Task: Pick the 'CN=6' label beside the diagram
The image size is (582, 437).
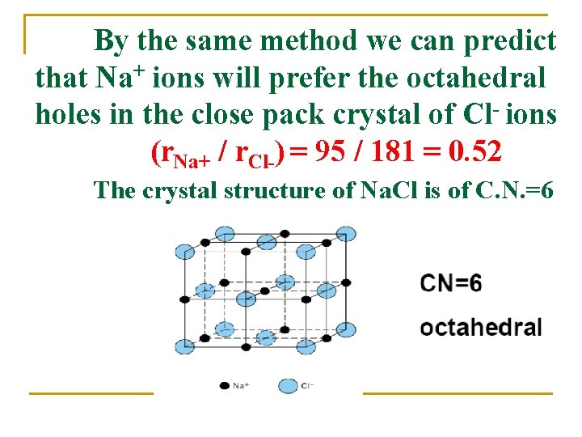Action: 450,284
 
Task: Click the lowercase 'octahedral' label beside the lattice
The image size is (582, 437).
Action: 480,328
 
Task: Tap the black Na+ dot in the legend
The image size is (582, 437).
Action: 224,386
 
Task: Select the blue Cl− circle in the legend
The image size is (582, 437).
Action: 289,386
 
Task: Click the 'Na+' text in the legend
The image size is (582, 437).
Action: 241,386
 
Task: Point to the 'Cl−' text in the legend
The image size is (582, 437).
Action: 307,386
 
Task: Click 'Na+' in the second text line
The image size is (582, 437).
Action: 120,78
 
